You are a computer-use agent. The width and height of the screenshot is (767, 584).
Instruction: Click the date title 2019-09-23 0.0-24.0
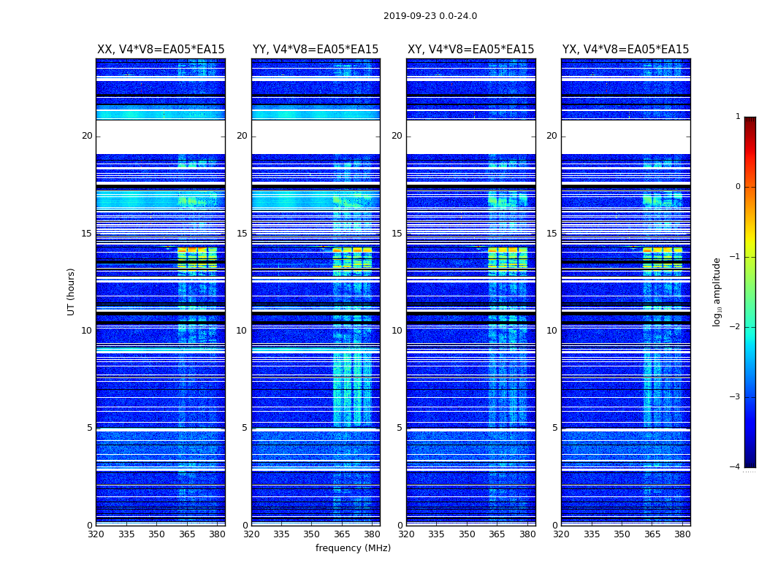pos(430,16)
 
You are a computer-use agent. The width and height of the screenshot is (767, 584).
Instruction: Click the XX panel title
pos(161,50)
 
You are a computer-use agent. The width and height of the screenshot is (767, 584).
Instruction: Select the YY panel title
pos(316,50)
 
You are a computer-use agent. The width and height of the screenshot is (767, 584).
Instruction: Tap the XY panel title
pos(470,50)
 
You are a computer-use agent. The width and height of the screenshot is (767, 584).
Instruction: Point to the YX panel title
pos(625,50)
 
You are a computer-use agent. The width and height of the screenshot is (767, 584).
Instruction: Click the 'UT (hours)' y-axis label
pos(72,291)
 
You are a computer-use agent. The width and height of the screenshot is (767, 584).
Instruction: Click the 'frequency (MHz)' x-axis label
pos(353,548)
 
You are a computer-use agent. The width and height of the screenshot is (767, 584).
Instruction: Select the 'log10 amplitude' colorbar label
pos(717,291)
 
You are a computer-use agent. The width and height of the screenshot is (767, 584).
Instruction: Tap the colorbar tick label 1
pos(738,117)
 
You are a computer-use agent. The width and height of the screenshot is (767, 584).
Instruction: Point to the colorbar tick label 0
pos(738,187)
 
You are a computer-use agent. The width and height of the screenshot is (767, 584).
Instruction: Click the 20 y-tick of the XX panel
pos(87,136)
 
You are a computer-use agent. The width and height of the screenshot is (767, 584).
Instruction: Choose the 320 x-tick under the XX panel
pos(96,534)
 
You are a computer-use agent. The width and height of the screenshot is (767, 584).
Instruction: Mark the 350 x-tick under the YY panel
pos(312,534)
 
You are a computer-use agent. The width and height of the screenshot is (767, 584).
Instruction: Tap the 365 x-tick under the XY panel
pos(497,534)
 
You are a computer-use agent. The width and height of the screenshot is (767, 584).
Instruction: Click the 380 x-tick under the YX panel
pos(682,534)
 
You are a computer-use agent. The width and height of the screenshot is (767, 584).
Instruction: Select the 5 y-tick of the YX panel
pos(555,428)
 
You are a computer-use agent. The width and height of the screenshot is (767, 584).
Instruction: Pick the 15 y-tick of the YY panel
pos(242,234)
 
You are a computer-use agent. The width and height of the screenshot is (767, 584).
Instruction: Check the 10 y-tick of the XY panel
pos(397,331)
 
